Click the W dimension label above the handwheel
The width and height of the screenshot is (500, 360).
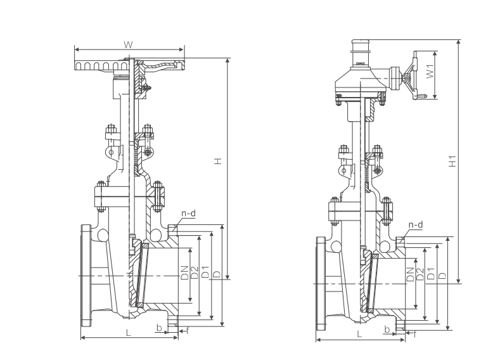tap(127, 44)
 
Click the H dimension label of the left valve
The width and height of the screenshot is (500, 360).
tap(217, 162)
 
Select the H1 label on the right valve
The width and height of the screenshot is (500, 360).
tap(452, 160)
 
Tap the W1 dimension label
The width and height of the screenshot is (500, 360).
tap(429, 72)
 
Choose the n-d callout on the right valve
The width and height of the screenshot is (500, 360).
tap(416, 225)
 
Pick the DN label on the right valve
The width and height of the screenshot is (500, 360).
tap(411, 275)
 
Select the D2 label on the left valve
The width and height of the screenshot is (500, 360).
tap(195, 274)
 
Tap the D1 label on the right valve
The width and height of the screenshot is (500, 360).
tap(431, 275)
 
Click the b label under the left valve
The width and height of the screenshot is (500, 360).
tap(158, 327)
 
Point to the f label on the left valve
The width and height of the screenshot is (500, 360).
tap(188, 330)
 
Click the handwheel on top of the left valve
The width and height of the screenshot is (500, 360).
tap(101, 65)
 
